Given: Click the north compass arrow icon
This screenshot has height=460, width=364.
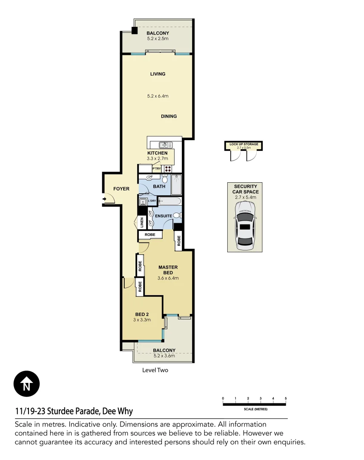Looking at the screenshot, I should point(26,384).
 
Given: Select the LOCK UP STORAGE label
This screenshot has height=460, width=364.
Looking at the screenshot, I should point(244,144).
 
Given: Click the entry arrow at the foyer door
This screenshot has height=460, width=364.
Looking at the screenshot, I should point(105,198).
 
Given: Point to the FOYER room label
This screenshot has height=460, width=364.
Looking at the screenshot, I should point(121,189).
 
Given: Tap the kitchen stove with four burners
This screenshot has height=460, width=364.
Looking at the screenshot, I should point(168,168).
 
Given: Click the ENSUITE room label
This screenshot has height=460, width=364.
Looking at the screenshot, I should point(163,216).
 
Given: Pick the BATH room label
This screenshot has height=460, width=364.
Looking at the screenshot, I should point(159,187).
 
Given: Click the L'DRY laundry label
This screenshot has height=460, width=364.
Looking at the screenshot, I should point(152,201).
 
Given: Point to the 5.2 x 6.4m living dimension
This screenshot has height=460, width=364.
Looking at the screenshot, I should point(158,96).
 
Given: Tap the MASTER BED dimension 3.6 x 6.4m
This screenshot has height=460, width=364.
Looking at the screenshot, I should point(168,278).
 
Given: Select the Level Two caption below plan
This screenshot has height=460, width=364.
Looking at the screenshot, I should point(155,370).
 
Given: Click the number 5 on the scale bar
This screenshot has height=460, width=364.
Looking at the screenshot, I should point(286,398).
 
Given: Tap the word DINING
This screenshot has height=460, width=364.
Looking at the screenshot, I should point(169,116).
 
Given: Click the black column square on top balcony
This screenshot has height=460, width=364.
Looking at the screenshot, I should point(135,31).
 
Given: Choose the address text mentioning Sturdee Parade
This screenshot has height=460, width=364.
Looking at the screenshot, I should point(74,411).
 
